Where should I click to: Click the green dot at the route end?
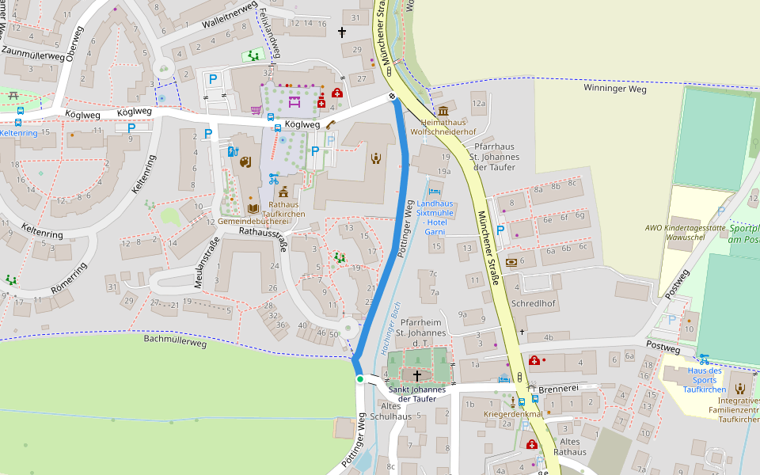[x=360, y=379]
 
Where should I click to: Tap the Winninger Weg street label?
[x=615, y=89]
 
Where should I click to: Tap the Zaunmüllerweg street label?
[x=33, y=53]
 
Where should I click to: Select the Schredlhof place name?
[x=534, y=304]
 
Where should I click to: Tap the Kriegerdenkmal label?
[x=513, y=414]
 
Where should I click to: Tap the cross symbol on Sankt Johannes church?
[x=417, y=374]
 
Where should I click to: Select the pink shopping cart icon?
[x=256, y=110]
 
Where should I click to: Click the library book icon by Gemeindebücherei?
[x=253, y=209]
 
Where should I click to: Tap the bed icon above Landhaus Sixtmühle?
[x=432, y=191]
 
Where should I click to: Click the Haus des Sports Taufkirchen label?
[x=705, y=380]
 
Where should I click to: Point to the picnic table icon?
[x=13, y=96]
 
